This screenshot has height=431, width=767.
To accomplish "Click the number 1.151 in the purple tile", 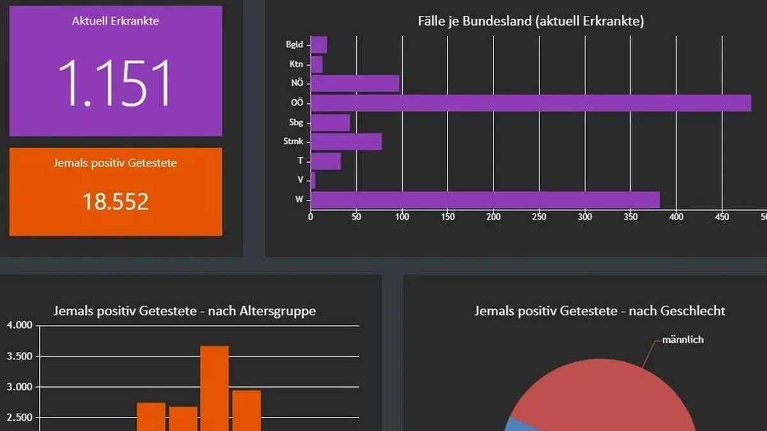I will (116, 83).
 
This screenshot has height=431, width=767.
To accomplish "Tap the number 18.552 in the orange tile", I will (116, 202).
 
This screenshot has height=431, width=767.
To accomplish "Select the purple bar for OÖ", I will (531, 103).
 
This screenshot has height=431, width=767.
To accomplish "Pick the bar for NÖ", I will (355, 84).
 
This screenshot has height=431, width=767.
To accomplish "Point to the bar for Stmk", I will (346, 142).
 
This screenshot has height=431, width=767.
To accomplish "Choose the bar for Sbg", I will (330, 123).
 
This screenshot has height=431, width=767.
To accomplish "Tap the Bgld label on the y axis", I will (295, 45).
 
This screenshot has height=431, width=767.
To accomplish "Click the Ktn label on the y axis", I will (297, 64).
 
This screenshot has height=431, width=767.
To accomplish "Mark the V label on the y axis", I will (300, 180).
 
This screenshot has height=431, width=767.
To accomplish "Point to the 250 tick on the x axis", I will (539, 217).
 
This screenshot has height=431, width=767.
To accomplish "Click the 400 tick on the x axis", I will (676, 217).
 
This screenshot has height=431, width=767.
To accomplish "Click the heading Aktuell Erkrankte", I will (116, 21).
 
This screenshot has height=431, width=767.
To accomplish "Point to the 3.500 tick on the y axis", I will (19, 356).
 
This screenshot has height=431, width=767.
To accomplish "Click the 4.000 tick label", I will (19, 326).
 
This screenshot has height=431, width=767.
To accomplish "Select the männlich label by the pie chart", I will (683, 340).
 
